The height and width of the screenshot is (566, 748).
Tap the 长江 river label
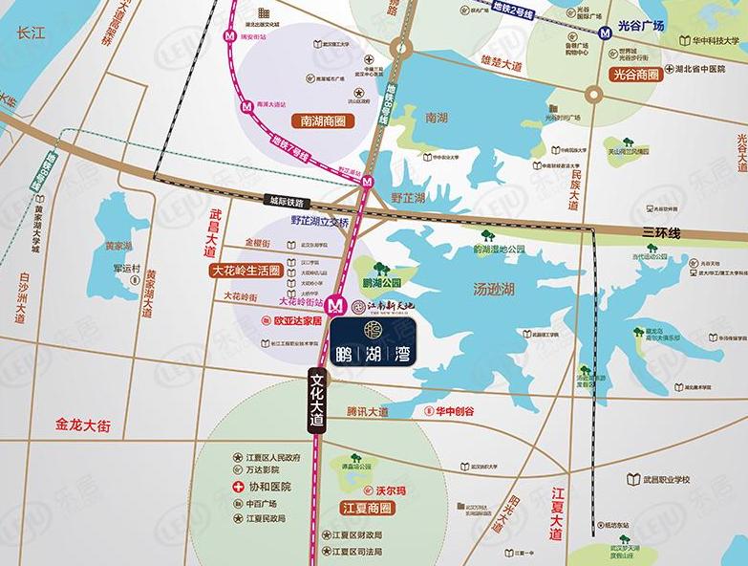(x=31, y=33)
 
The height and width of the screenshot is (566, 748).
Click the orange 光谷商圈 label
(x=637, y=73)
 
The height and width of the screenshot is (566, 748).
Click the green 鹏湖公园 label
(x=381, y=284)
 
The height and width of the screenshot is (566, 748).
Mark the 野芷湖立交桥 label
(x=323, y=221)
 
